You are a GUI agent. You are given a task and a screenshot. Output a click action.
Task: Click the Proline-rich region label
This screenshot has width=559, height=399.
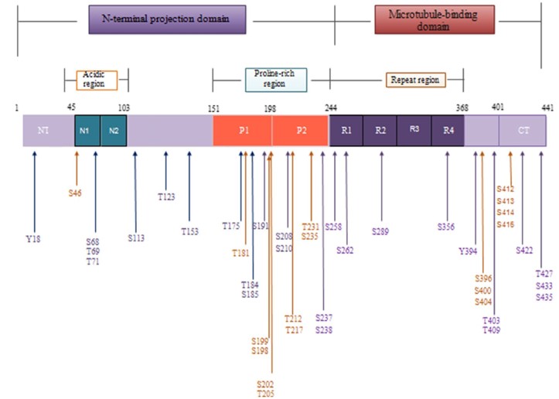click(275, 79)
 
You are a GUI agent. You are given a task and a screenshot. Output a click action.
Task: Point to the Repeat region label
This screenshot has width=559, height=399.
click(414, 79)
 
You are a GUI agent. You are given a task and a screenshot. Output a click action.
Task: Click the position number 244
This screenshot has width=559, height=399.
click(331, 107)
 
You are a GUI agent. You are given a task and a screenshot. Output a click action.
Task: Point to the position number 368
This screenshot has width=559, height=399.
click(462, 107)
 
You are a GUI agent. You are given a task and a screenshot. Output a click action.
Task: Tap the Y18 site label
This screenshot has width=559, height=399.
click(33, 239)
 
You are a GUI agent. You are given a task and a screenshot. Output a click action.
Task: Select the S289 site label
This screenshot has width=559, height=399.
click(380, 230)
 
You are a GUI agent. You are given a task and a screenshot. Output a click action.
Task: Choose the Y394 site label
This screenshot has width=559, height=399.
click(468, 251)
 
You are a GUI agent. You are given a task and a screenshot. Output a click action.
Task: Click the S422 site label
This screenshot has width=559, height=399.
click(525, 250)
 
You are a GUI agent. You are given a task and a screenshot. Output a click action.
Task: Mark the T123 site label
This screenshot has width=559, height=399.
click(166, 196)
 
